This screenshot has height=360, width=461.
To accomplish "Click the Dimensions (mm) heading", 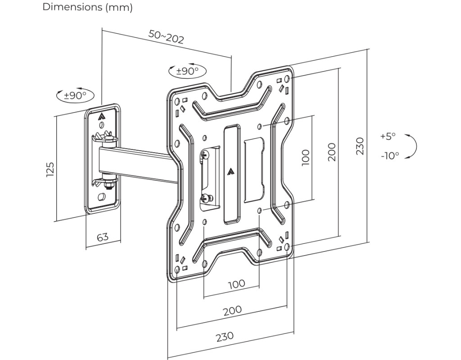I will (x=87, y=8).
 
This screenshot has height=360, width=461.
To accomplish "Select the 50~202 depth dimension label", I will (x=166, y=36).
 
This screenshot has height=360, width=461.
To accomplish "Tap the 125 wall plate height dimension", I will (x=50, y=169).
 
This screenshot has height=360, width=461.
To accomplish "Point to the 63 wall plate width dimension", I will (x=103, y=236).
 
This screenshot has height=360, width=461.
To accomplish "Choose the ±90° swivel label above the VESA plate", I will (x=187, y=71).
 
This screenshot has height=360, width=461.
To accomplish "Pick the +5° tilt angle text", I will (x=388, y=136).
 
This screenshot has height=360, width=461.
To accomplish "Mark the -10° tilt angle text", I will (x=389, y=156).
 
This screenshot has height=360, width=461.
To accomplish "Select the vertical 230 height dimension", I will (x=360, y=146).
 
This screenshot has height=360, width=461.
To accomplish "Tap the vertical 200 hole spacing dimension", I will (x=332, y=152).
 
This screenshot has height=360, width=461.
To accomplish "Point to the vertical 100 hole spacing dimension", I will (x=306, y=157).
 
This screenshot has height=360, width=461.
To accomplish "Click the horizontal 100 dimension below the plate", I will (x=236, y=284).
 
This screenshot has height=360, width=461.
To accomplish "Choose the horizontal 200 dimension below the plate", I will (x=232, y=310).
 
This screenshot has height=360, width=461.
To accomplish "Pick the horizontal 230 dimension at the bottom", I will (x=225, y=336).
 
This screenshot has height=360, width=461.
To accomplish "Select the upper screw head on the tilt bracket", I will (x=205, y=155).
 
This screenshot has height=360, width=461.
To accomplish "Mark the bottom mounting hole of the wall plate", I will (x=102, y=197).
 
